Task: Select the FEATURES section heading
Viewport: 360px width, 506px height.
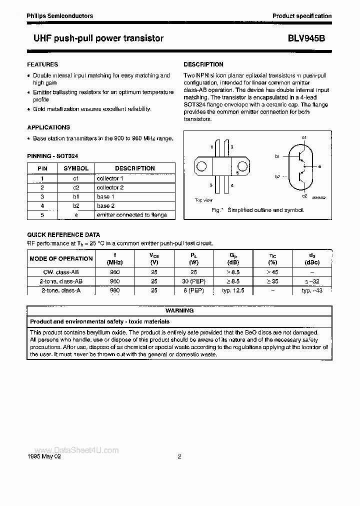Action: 42,64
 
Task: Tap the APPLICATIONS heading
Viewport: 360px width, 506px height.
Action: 48,127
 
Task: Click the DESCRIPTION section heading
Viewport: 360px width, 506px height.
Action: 203,64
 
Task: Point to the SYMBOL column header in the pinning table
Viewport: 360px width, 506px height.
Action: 76,168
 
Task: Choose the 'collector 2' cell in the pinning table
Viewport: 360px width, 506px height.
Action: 110,187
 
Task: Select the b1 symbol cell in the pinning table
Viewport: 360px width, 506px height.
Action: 76,196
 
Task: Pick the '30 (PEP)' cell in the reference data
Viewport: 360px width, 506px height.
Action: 193,281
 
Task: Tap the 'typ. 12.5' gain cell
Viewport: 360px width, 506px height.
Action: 233,290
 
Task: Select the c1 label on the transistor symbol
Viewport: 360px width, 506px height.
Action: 304,137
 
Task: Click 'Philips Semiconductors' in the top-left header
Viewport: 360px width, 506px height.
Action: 60,16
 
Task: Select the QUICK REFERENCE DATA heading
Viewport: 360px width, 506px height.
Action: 63,234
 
